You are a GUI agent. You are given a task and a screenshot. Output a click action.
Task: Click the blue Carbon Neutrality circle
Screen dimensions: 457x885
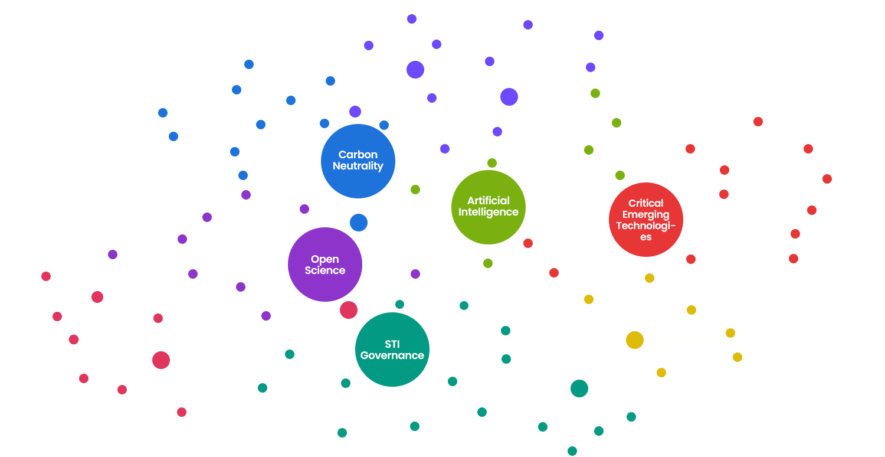358,161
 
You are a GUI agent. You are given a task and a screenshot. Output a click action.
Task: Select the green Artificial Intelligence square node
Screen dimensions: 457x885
488,207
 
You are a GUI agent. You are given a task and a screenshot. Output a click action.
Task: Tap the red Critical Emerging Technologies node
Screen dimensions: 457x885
645,220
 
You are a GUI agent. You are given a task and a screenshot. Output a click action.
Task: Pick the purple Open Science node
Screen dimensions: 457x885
324,265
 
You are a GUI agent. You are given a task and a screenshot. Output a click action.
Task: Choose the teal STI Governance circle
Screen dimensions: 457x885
392,350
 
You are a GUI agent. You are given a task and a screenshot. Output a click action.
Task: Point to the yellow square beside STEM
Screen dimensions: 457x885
737,357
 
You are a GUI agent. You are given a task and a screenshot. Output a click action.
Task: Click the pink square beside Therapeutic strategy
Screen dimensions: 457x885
181,412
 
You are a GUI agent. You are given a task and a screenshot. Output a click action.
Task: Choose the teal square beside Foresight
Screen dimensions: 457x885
506,359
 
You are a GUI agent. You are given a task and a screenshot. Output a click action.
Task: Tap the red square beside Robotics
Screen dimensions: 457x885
691,259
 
